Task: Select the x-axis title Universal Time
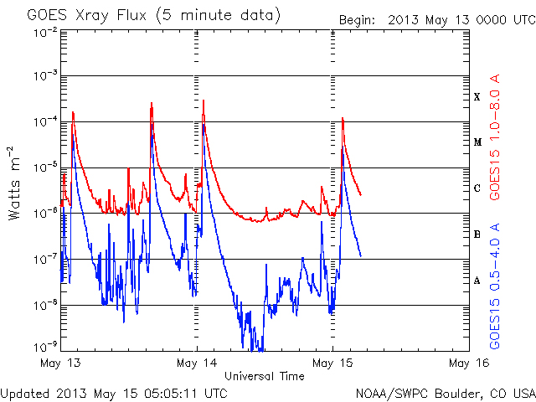coord(264,376)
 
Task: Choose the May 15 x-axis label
coord(332,363)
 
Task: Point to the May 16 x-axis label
coord(468,363)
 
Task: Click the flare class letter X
coord(477,97)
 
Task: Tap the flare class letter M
coord(477,142)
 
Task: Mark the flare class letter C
coord(477,188)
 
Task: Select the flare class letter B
coord(477,234)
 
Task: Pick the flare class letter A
coord(477,281)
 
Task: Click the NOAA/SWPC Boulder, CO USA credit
coord(445,392)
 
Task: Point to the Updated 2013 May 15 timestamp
coord(114,392)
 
